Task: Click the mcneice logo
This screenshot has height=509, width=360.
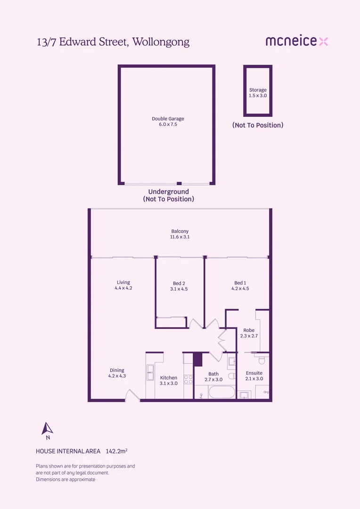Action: (x=297, y=41)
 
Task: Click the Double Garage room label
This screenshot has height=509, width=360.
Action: (x=168, y=119)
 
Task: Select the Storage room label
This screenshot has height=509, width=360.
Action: (x=258, y=90)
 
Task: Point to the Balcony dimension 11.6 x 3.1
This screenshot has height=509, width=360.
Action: (x=180, y=237)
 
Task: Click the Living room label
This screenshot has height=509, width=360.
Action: (x=123, y=282)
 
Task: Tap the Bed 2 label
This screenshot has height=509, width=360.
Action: (x=179, y=283)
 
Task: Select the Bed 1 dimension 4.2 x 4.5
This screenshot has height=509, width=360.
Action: (x=240, y=288)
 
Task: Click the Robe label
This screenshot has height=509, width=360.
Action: (x=249, y=330)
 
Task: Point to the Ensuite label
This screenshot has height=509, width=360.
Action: (x=254, y=373)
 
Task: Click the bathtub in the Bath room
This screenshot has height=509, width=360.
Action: (x=222, y=392)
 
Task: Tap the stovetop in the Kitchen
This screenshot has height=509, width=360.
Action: (x=188, y=379)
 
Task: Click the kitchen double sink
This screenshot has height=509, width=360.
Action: (x=150, y=372)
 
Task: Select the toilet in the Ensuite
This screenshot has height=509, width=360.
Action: (x=262, y=360)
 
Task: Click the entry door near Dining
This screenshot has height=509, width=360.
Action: (x=132, y=395)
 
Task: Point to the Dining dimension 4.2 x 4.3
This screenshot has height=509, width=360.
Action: (x=117, y=376)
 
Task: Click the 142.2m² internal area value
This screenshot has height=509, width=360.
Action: (x=116, y=451)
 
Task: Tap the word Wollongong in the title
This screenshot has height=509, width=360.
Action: (x=161, y=42)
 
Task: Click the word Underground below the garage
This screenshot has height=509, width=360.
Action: (x=169, y=191)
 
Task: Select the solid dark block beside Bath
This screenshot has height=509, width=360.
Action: (x=198, y=359)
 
